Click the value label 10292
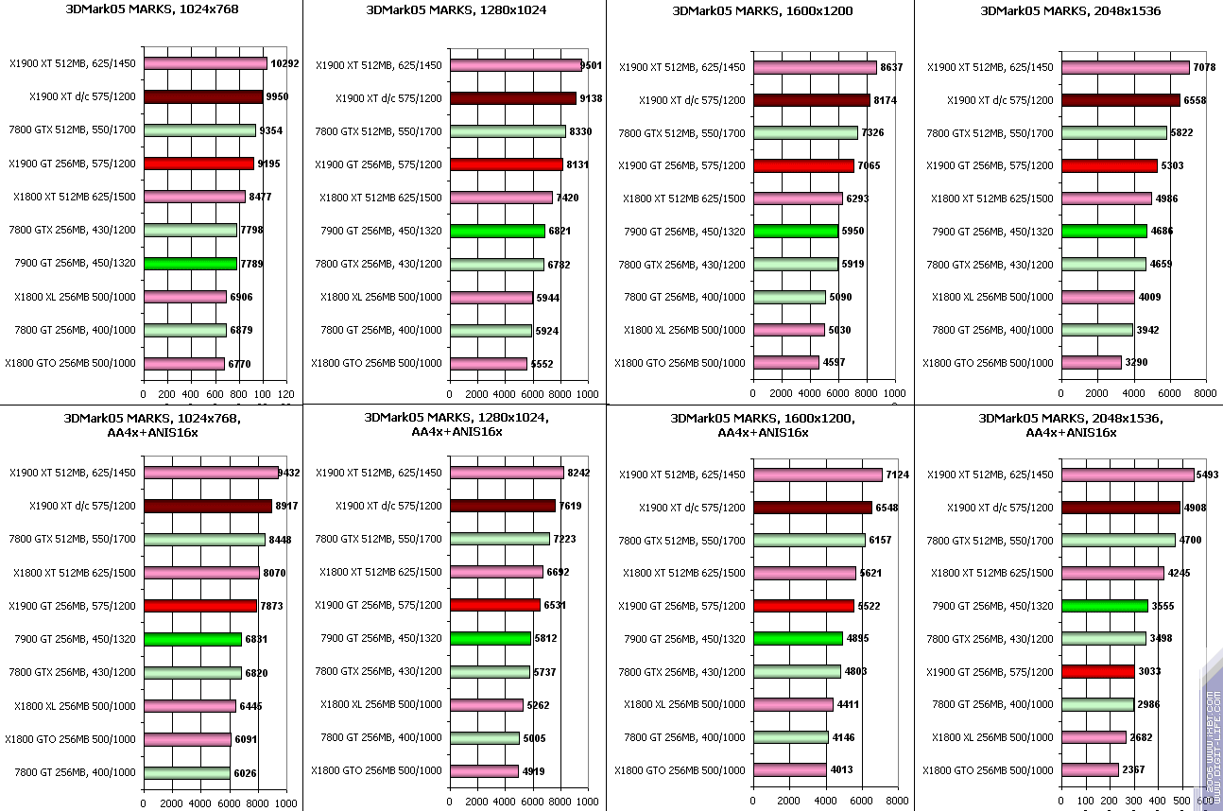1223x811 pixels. click(x=284, y=64)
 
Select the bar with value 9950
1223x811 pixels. click(x=203, y=97)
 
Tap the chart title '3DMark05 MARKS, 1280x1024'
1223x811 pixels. click(x=456, y=10)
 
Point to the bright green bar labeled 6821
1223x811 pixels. click(x=497, y=231)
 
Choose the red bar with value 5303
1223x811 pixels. click(x=1109, y=165)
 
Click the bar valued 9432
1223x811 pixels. click(x=211, y=473)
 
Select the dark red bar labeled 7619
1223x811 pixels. click(x=503, y=506)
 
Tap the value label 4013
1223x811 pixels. click(x=841, y=769)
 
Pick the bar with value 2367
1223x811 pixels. click(x=1090, y=770)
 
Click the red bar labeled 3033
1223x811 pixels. click(x=1097, y=671)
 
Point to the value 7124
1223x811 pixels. click(x=897, y=475)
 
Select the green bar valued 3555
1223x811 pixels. click(x=1104, y=605)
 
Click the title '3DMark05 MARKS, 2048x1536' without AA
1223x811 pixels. click(x=1071, y=10)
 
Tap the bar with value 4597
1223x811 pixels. click(x=786, y=363)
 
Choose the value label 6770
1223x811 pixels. click(x=240, y=363)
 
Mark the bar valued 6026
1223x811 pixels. click(x=186, y=772)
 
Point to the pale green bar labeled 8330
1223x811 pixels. click(x=508, y=131)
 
